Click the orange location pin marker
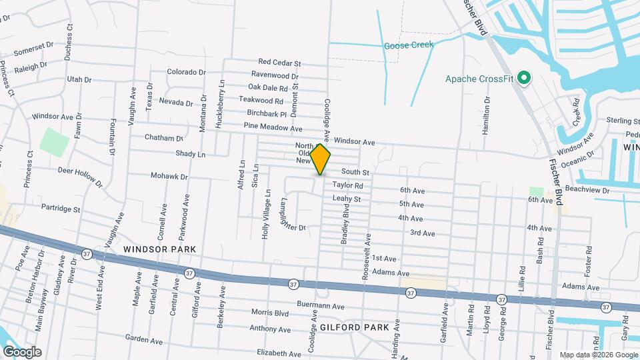(320, 159)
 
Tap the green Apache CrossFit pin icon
(524, 79)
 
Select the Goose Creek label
(408, 45)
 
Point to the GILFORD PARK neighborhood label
(350, 327)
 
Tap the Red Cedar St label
(280, 63)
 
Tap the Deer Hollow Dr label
(80, 176)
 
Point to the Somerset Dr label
(33, 49)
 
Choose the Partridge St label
(61, 209)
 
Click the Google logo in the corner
(22, 351)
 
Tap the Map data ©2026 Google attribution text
(597, 355)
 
